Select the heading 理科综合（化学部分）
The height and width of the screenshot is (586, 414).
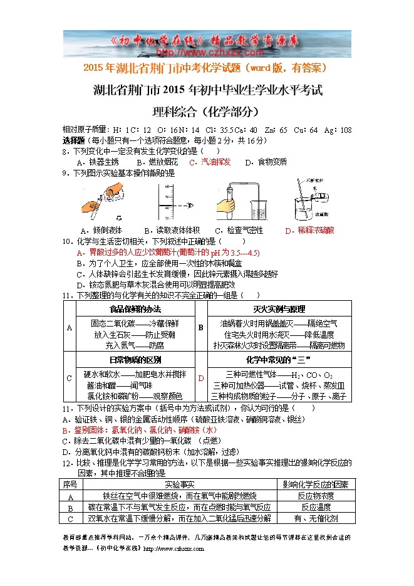tap(206, 112)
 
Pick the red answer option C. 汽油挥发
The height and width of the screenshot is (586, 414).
tap(210, 162)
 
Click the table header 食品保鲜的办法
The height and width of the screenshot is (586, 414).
tap(135, 310)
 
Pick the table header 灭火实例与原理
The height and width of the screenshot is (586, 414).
tap(279, 310)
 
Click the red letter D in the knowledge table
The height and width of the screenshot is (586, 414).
tap(201, 378)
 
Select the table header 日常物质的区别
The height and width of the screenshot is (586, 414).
tap(135, 360)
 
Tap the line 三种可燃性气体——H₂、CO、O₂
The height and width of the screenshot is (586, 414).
tap(279, 374)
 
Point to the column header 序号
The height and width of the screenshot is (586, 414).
tap(70, 484)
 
